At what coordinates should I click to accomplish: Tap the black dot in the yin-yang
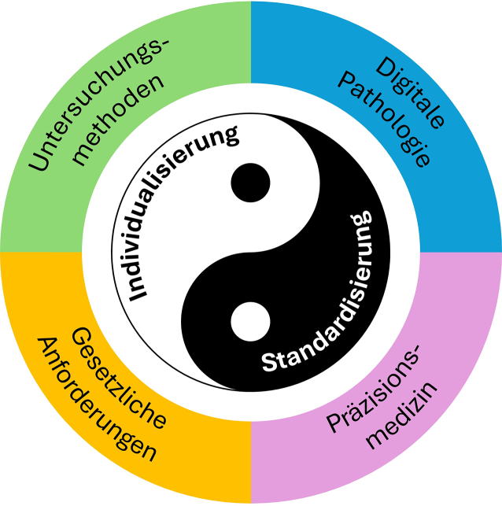250,182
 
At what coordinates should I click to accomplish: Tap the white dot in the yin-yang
250,321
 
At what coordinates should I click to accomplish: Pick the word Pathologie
389,118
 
